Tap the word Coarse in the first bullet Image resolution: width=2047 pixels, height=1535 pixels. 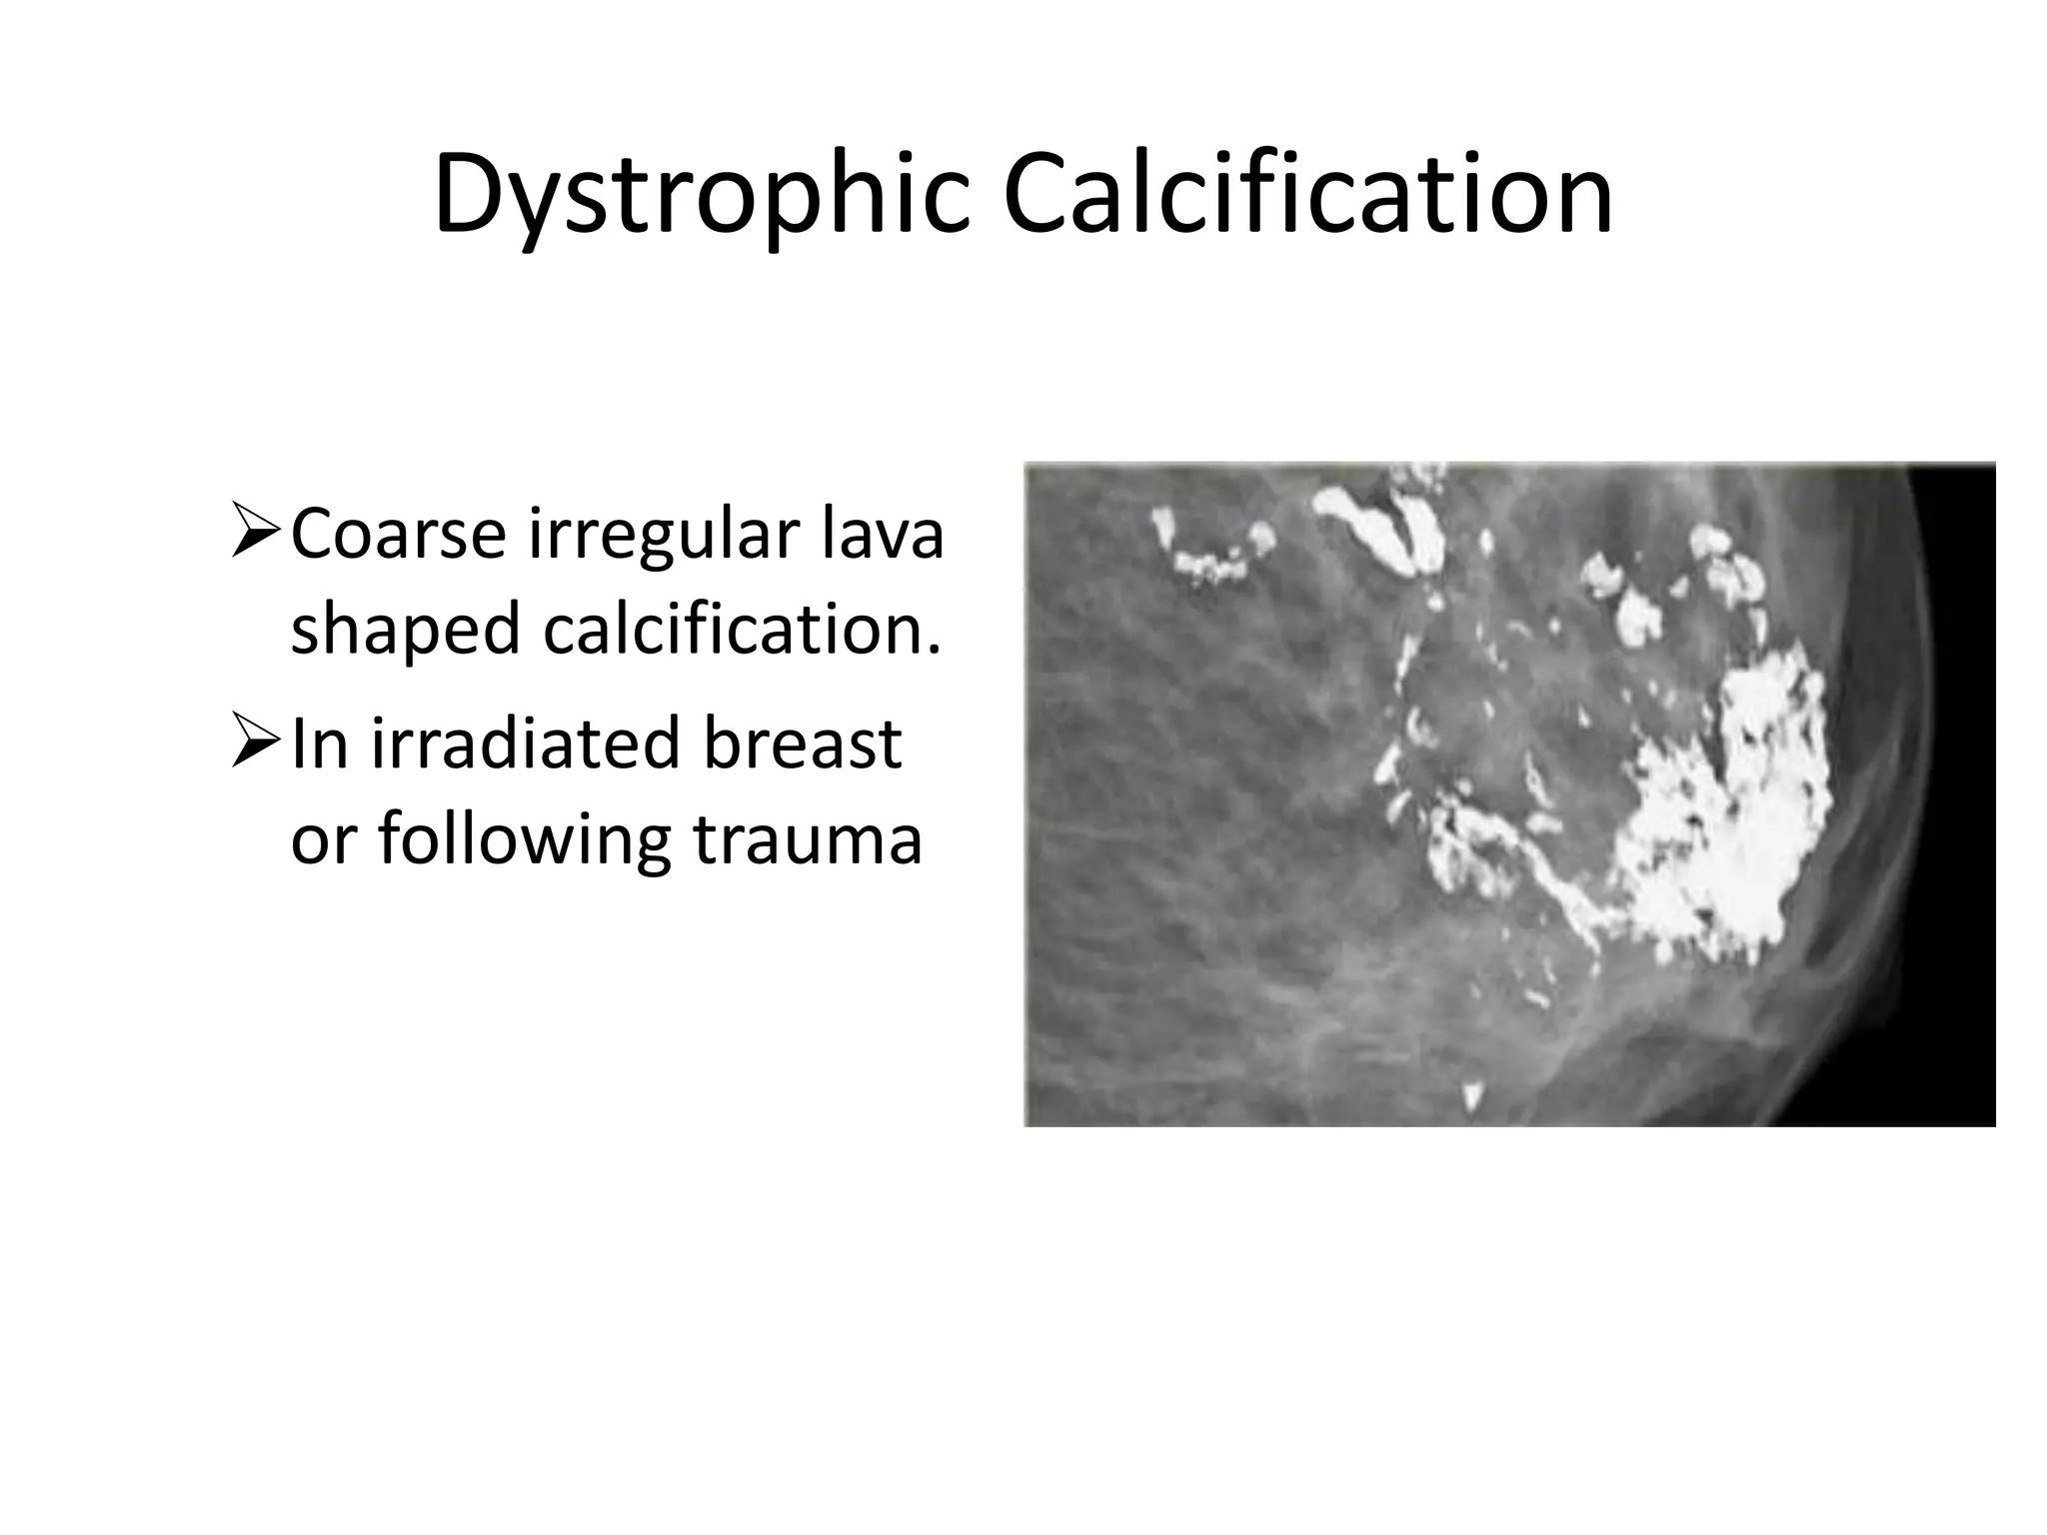398,535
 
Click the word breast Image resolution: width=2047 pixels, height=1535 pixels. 802,745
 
